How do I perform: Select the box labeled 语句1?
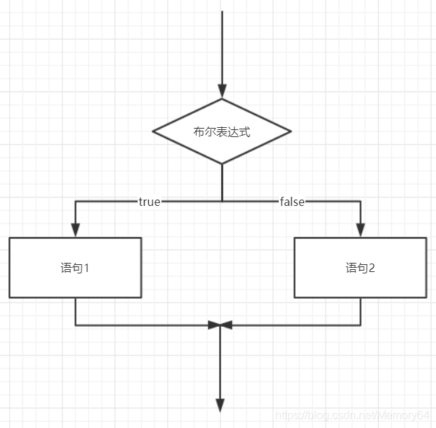(x=75, y=268)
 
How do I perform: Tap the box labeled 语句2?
(x=360, y=268)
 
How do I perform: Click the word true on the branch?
(x=150, y=202)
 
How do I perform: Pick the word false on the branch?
(x=292, y=202)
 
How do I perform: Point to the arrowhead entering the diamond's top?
(x=222, y=91)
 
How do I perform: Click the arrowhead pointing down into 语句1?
(x=75, y=231)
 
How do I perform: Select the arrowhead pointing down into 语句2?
(x=360, y=231)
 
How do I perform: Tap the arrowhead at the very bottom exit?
(x=220, y=405)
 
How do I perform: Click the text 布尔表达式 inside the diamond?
(x=222, y=131)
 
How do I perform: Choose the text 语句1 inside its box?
(x=75, y=268)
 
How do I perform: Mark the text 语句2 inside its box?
(x=360, y=268)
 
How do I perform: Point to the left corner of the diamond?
(x=154, y=131)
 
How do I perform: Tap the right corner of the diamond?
(x=289, y=131)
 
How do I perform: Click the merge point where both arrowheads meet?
(x=220, y=325)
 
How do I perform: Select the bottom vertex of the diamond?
(x=222, y=163)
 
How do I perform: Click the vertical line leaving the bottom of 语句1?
(x=75, y=311)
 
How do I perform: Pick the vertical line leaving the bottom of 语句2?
(x=360, y=311)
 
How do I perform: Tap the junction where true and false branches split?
(x=222, y=202)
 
